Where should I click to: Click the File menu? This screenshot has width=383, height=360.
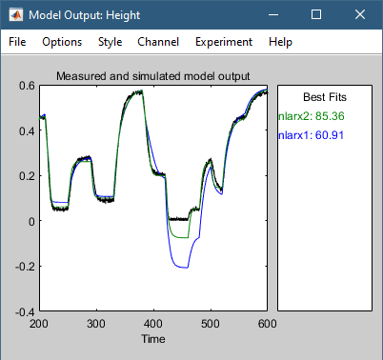17,42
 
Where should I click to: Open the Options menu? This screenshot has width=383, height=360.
62,42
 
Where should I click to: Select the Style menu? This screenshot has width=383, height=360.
110,42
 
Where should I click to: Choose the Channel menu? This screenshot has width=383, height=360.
157,42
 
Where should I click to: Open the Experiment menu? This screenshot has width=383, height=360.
223,42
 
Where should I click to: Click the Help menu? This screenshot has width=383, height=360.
280,42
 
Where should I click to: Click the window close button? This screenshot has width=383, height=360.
360,15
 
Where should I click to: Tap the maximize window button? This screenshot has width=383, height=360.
316,15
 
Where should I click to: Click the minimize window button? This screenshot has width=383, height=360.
272,15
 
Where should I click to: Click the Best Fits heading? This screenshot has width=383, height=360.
324,97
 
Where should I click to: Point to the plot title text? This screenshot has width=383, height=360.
152,76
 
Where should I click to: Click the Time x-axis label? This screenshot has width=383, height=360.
152,338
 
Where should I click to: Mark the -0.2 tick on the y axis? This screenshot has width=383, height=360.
24,267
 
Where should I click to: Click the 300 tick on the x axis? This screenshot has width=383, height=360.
95,324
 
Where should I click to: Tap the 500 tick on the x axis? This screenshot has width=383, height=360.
210,324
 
